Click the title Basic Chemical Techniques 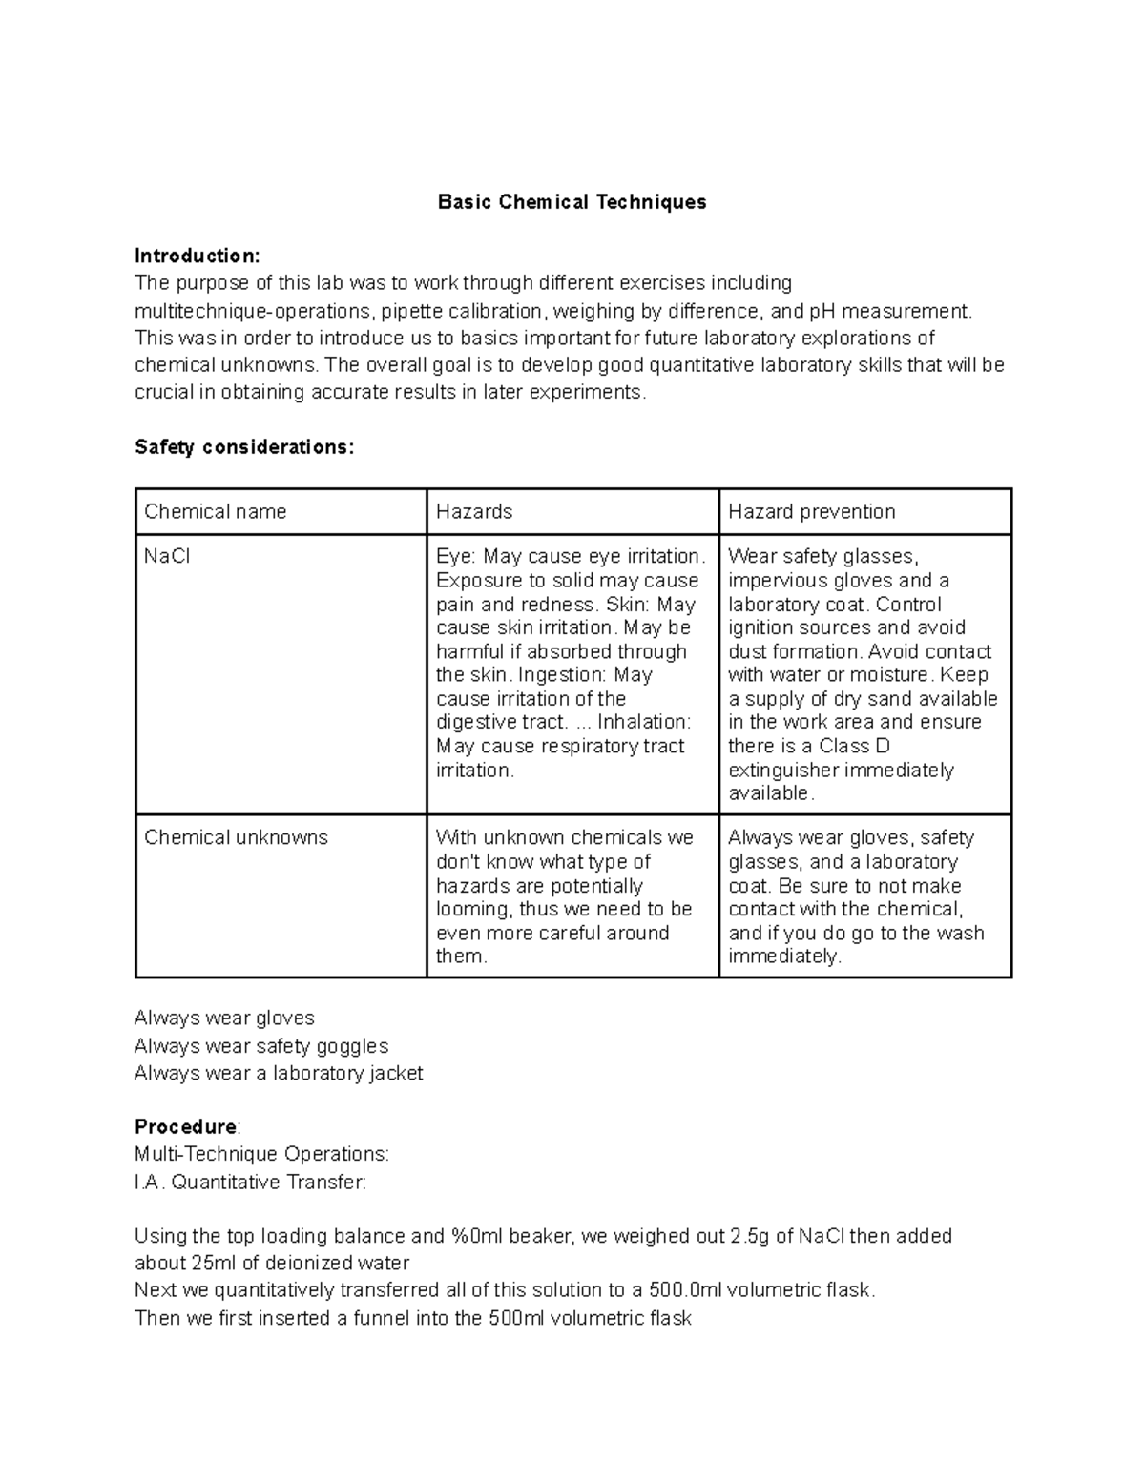click(572, 202)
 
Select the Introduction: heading click(197, 256)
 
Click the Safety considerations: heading click(244, 447)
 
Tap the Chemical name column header click(215, 512)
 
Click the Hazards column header click(474, 512)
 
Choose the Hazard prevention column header click(811, 512)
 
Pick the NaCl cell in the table click(167, 556)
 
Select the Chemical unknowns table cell click(236, 837)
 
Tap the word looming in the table click(472, 910)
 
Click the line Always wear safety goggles click(261, 1046)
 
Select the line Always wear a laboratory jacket click(279, 1074)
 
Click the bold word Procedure click(185, 1127)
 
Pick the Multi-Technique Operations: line click(261, 1155)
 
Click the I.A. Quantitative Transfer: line click(250, 1183)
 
